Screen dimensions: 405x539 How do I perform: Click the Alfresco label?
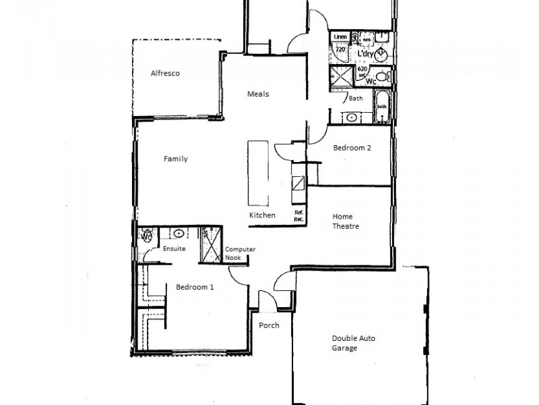point(166,73)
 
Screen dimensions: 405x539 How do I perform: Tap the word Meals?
point(258,94)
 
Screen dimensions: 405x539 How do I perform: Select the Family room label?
point(175,159)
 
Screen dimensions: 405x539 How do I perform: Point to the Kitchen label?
point(262,215)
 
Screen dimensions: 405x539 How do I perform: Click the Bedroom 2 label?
point(352,148)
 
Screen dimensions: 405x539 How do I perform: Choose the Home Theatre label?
point(346,221)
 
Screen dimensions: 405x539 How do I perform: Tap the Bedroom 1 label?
point(195,287)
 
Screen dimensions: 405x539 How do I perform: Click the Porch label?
point(269,325)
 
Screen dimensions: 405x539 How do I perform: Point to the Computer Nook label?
point(241,252)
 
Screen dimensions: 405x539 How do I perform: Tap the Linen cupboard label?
point(340,36)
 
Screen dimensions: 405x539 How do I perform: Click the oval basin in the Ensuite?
point(179,234)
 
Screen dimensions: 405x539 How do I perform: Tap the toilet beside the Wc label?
point(381,76)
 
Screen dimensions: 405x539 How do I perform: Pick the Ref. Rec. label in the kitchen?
point(299,216)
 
